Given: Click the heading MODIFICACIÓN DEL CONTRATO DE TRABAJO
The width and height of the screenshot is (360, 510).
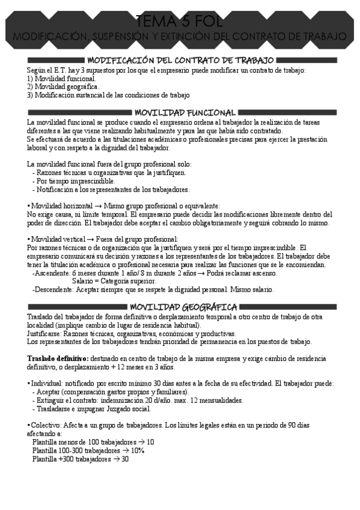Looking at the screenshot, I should [180, 60].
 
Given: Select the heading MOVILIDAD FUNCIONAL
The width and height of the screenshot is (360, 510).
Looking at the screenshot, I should [184, 112].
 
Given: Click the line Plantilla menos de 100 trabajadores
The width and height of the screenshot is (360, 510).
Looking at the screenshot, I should [93, 442].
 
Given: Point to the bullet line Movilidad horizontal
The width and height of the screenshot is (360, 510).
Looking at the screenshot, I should [124, 206].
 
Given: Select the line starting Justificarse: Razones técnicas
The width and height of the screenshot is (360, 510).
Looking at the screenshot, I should [132, 333].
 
